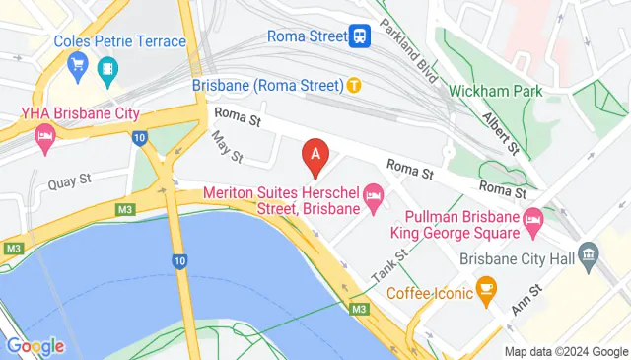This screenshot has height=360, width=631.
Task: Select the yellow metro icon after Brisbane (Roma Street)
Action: pyautogui.click(x=352, y=86)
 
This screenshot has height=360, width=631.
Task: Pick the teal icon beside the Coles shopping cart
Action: pyautogui.click(x=106, y=67)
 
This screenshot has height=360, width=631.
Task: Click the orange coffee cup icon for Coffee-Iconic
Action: pyautogui.click(x=485, y=288)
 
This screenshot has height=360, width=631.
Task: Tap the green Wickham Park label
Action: pyautogui.click(x=490, y=91)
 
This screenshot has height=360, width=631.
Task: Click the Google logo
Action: pyautogui.click(x=35, y=346)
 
